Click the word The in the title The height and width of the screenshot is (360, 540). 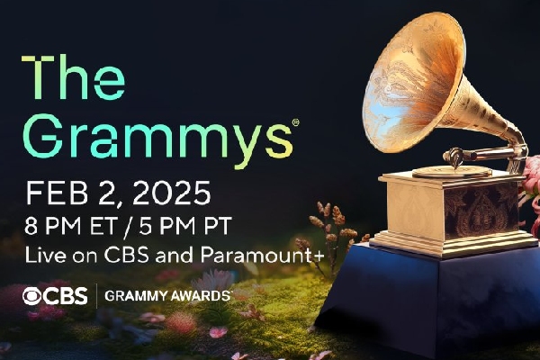click(74, 77)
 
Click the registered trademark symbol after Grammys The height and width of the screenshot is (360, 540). click(295, 122)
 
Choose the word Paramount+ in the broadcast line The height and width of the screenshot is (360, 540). click(262, 256)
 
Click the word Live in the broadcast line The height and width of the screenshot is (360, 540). click(45, 256)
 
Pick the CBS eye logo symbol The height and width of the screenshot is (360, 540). click(33, 296)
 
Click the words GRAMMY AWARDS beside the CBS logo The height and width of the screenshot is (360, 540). click(167, 296)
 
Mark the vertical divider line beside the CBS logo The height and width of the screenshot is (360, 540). click(96, 296)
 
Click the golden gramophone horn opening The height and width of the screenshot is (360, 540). click(413, 83)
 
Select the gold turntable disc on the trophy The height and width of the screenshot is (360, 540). click(452, 171)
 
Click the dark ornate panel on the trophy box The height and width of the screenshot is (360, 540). click(481, 211)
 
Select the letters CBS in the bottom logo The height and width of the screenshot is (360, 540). click(66, 296)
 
